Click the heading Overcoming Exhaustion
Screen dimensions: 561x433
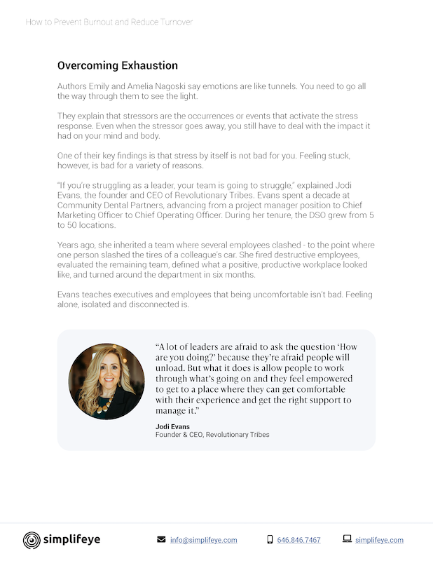coord(118,66)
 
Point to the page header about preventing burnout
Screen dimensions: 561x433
coord(109,22)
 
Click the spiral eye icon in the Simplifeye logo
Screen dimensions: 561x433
coord(32,540)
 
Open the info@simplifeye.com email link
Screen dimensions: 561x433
coord(203,540)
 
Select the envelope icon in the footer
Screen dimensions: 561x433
coord(161,540)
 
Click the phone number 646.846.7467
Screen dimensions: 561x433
coord(299,540)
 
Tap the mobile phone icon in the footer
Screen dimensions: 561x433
coord(270,540)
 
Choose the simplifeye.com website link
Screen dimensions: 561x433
coord(379,540)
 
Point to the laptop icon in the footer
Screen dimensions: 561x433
coord(347,539)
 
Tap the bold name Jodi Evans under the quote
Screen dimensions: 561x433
coord(172,426)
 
